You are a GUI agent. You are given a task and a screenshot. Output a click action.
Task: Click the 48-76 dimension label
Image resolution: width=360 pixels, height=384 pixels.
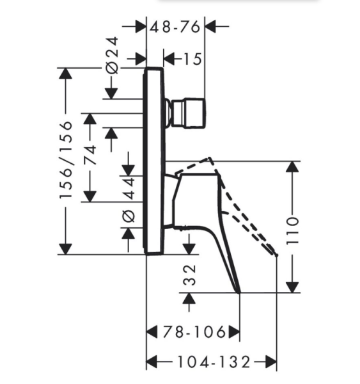pyautogui.click(x=175, y=26)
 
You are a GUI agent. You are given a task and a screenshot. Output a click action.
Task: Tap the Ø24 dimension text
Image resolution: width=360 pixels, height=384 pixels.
pyautogui.click(x=112, y=55)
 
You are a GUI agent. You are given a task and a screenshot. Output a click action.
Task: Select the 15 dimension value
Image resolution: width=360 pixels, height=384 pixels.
pyautogui.click(x=192, y=59)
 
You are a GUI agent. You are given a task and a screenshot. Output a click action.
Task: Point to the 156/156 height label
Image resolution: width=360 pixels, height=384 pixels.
pyautogui.click(x=66, y=159)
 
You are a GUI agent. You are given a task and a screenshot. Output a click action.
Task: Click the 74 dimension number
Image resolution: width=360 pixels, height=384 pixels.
pyautogui.click(x=90, y=155)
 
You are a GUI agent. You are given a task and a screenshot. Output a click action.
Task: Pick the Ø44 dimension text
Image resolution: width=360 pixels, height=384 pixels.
pyautogui.click(x=129, y=200)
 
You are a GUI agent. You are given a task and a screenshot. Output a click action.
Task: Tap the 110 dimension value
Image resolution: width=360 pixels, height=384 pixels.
pyautogui.click(x=292, y=230)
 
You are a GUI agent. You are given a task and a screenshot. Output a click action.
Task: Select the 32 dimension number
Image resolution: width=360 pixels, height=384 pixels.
pyautogui.click(x=189, y=275)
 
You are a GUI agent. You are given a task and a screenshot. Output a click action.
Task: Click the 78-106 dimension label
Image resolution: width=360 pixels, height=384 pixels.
pyautogui.click(x=194, y=332)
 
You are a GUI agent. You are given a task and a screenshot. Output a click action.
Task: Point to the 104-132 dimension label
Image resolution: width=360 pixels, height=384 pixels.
pyautogui.click(x=214, y=362)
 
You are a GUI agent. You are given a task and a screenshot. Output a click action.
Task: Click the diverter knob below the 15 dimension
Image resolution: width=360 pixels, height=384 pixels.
pyautogui.click(x=185, y=113)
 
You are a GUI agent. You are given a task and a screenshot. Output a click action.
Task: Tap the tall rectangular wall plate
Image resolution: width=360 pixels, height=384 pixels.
pyautogui.click(x=154, y=161)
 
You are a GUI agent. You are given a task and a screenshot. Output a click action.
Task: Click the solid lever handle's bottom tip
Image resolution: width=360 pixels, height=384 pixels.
pyautogui.click(x=239, y=292)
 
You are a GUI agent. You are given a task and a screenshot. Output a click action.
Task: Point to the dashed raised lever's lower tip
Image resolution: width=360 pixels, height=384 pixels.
pyautogui.click(x=276, y=255)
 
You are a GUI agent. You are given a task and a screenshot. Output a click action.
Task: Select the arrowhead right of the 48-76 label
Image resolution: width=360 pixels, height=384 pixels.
pyautogui.click(x=211, y=26)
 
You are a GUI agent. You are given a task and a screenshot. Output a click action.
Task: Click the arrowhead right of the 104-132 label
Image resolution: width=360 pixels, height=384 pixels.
pyautogui.click(x=270, y=362)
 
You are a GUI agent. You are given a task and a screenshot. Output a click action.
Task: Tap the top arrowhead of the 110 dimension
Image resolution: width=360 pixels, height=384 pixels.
pyautogui.click(x=292, y=167)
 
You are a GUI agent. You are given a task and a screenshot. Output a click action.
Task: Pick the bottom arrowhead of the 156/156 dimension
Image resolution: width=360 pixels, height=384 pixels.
pyautogui.click(x=66, y=250)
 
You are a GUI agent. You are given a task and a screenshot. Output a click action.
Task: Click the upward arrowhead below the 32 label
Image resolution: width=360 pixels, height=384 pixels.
pyautogui.click(x=189, y=298)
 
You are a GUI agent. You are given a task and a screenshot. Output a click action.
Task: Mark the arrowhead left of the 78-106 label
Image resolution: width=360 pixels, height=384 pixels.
pyautogui.click(x=152, y=332)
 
